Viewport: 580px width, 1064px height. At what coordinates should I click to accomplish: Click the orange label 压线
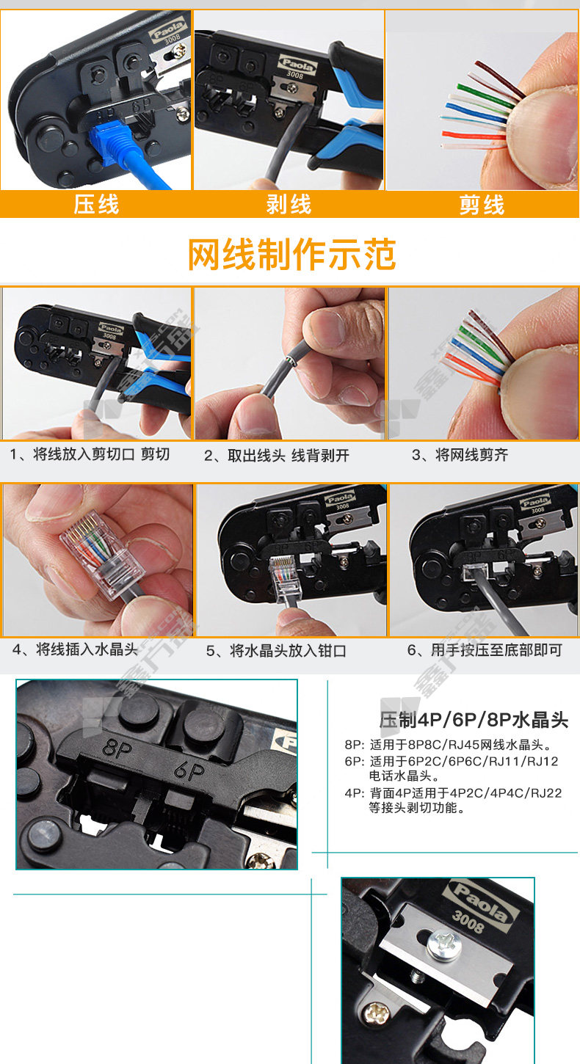click(x=96, y=205)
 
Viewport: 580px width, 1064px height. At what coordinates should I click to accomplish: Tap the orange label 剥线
click(x=289, y=205)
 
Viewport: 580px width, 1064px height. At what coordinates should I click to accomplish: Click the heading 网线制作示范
click(x=292, y=255)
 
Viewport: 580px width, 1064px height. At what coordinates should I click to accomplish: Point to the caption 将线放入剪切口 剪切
click(x=101, y=454)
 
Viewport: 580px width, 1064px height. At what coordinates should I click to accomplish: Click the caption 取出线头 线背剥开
click(x=288, y=456)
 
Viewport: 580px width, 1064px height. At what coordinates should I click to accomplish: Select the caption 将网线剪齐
click(x=471, y=455)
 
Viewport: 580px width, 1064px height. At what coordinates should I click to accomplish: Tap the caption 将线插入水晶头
click(x=87, y=649)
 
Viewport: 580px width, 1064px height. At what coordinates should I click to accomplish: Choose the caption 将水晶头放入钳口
click(x=288, y=651)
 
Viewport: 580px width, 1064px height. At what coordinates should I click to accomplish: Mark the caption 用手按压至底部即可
click(x=496, y=650)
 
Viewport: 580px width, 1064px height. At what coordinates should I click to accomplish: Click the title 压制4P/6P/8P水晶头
click(x=474, y=720)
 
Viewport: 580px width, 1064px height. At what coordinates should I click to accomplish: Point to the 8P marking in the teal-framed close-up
click(x=117, y=748)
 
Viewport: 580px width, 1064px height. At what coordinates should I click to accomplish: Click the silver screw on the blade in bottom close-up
click(x=444, y=944)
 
